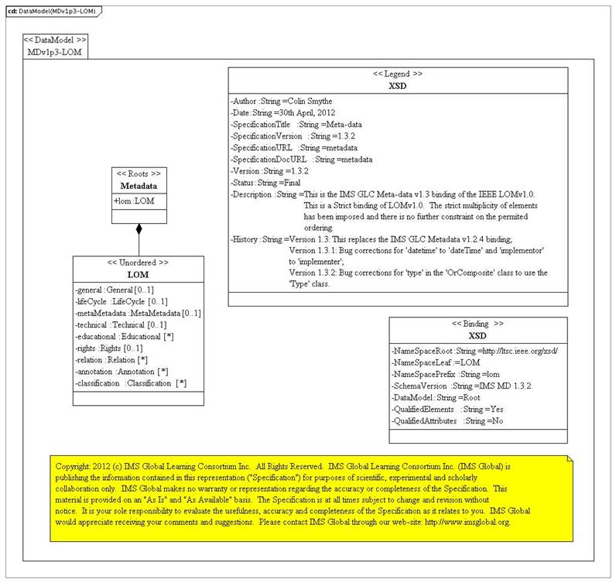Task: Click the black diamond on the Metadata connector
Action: pyautogui.click(x=139, y=229)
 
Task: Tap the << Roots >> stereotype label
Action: pyautogui.click(x=139, y=173)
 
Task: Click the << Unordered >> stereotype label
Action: pyautogui.click(x=139, y=263)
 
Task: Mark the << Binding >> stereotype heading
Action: pyautogui.click(x=477, y=323)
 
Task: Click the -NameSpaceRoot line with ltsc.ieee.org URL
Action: pyautogui.click(x=475, y=351)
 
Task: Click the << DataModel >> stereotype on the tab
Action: pyautogui.click(x=55, y=39)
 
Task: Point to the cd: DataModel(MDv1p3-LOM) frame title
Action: pyautogui.click(x=46, y=10)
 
